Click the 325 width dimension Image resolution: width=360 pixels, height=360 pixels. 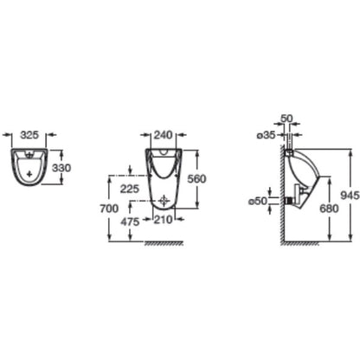point(29,135)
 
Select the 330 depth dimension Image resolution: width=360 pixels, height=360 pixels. point(61,168)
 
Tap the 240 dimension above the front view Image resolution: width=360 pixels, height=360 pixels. point(163,135)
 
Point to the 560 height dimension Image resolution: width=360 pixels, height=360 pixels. point(196,179)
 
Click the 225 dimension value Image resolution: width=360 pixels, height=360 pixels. point(130,189)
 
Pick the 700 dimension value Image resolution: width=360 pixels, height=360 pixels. point(109,209)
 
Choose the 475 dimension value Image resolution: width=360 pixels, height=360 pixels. point(130,222)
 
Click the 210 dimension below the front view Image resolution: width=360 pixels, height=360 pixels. point(163,220)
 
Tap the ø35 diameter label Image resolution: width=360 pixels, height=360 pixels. point(267,135)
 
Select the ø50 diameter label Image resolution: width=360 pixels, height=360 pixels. point(258,201)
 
